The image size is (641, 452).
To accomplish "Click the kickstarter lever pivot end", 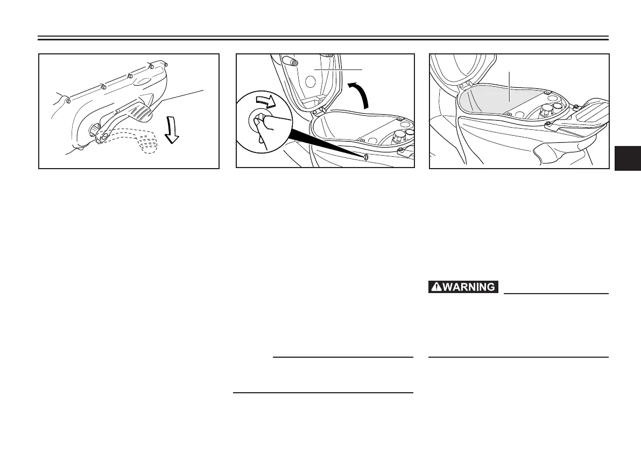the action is point(100,138).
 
